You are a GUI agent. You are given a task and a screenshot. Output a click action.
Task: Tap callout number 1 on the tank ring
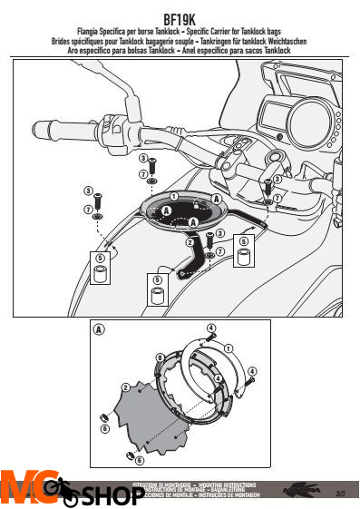pyautogui.click(x=173, y=197)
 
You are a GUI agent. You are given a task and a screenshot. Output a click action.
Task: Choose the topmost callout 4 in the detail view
pyautogui.click(x=210, y=327)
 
